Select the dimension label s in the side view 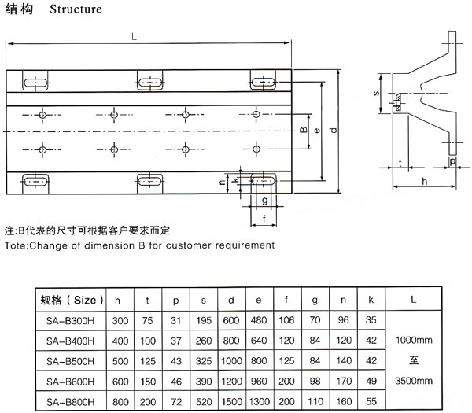(x=377, y=94)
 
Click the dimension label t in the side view (x=400, y=163)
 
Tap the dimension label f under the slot (x=264, y=219)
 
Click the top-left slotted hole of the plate (x=36, y=82)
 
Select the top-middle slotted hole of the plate (x=150, y=82)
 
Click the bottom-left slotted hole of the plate (x=36, y=179)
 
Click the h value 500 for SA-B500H (x=119, y=361)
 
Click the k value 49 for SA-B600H (x=371, y=382)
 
